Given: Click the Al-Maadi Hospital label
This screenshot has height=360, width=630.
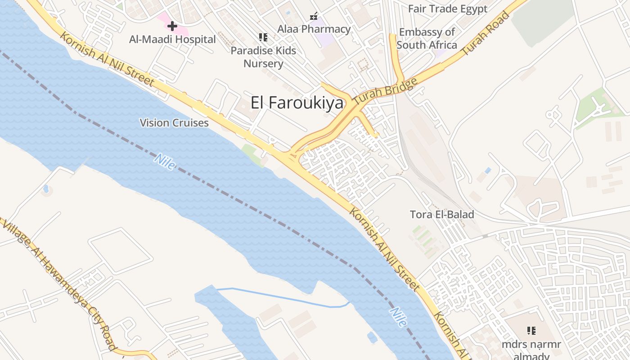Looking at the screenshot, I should pos(172,39).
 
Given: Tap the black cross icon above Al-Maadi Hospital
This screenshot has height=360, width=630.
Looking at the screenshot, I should pos(172,26).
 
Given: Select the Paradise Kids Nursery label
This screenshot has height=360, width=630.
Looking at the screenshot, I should pos(263,57).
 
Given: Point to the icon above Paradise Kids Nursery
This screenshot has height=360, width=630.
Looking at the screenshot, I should pos(263,37).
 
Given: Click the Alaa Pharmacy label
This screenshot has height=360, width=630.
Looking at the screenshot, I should pos(314,29).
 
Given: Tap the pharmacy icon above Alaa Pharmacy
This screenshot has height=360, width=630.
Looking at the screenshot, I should pos(314,17).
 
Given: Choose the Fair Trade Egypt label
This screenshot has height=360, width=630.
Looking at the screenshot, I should pos(447,9).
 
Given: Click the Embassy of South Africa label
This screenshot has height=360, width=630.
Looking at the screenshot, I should pos(427,38).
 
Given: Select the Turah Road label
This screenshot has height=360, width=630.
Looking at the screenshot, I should pos(486,34).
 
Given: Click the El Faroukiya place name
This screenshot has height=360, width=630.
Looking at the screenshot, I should pos(297,103).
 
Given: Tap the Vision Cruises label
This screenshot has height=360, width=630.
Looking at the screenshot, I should pos(174,123).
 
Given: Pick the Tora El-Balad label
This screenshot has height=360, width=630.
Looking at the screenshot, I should pos(442,215).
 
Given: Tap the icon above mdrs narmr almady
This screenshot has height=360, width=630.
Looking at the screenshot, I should pos(531,331).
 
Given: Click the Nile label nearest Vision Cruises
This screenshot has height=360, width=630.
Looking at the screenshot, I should pos(165,162).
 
